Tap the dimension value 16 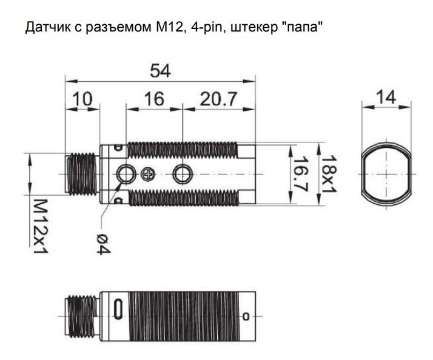[x=154, y=99]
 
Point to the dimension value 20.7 [x=218, y=99]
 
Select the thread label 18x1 [x=327, y=173]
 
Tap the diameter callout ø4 [x=102, y=243]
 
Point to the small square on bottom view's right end [x=246, y=316]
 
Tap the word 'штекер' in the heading [x=243, y=27]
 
